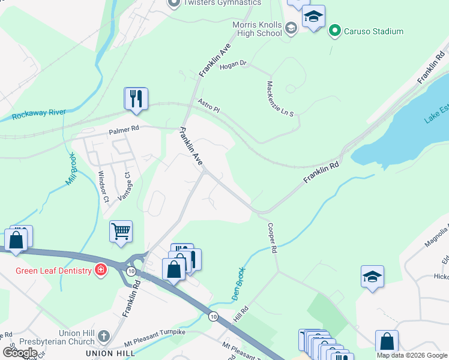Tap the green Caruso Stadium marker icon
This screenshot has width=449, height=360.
point(335,31)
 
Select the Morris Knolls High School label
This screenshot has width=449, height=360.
point(258,29)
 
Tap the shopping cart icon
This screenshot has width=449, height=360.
point(121,230)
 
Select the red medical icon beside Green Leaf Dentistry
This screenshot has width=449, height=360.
point(100,271)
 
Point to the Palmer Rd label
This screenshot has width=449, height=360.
point(124,128)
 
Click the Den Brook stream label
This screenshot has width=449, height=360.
point(238,284)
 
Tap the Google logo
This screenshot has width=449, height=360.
point(20,353)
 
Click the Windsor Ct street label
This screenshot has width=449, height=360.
point(103,186)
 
